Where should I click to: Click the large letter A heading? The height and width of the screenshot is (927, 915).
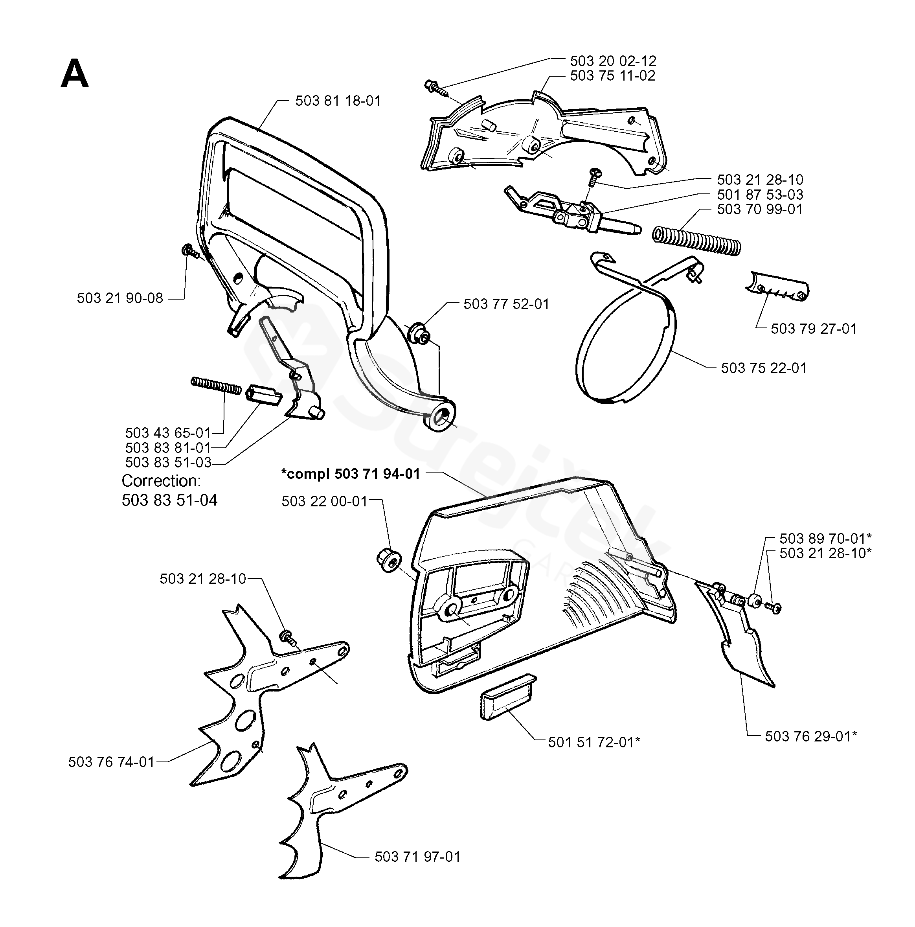(x=74, y=75)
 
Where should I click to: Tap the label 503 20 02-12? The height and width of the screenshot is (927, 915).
(x=613, y=61)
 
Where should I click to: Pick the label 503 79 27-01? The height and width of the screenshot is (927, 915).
(x=814, y=329)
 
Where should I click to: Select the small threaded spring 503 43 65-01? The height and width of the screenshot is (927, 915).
(x=216, y=385)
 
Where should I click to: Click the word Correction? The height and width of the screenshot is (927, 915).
(x=161, y=481)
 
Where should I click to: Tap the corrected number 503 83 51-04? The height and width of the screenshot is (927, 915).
(x=169, y=500)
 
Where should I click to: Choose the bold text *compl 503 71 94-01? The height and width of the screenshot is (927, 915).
(x=350, y=474)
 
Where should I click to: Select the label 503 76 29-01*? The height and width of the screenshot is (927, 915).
(x=811, y=736)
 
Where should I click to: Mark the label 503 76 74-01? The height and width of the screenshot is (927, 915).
(x=111, y=762)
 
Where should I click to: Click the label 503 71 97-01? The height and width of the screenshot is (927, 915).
(x=417, y=857)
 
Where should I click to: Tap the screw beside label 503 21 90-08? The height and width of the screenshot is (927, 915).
(x=189, y=250)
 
